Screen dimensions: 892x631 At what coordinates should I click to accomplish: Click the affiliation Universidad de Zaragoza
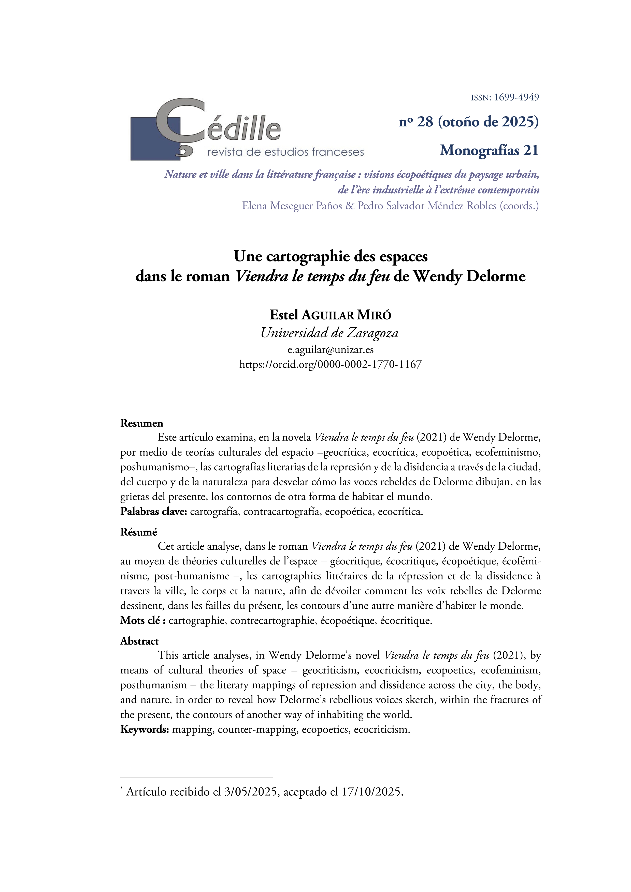pyautogui.click(x=329, y=333)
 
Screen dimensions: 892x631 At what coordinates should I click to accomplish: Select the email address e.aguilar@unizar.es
pyautogui.click(x=330, y=350)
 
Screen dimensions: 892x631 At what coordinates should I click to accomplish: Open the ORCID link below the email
pyautogui.click(x=330, y=364)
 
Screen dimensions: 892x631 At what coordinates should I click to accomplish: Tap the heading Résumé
pyautogui.click(x=139, y=532)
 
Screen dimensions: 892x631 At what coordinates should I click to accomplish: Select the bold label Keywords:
pyautogui.click(x=145, y=729)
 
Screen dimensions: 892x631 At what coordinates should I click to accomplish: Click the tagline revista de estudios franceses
pyautogui.click(x=285, y=152)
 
